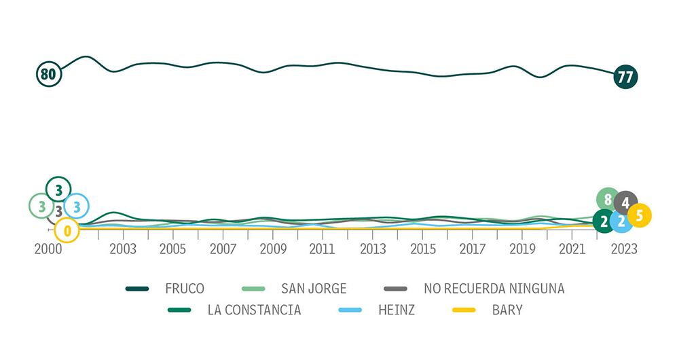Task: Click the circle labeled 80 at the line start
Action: pyautogui.click(x=48, y=74)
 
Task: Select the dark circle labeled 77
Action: pyautogui.click(x=625, y=77)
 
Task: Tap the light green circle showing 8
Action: pyautogui.click(x=608, y=200)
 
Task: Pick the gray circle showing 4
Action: pyautogui.click(x=625, y=202)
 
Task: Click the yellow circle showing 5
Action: pyautogui.click(x=640, y=216)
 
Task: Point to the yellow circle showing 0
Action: pyautogui.click(x=67, y=231)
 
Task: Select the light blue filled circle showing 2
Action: pyautogui.click(x=621, y=221)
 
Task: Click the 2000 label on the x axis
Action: pyautogui.click(x=48, y=249)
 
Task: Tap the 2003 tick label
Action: pyautogui.click(x=123, y=249)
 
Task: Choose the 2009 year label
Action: pyautogui.click(x=273, y=249)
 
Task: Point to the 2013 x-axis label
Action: pyautogui.click(x=373, y=249)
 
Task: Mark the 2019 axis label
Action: pyautogui.click(x=523, y=249)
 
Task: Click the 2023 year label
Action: pyautogui.click(x=623, y=249)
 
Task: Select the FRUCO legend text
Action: pyautogui.click(x=184, y=289)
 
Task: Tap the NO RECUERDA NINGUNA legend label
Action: pyautogui.click(x=494, y=289)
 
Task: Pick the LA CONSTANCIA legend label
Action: pyautogui.click(x=254, y=310)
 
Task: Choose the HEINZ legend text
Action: pyautogui.click(x=397, y=310)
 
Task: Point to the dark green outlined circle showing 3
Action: pyautogui.click(x=58, y=189)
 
